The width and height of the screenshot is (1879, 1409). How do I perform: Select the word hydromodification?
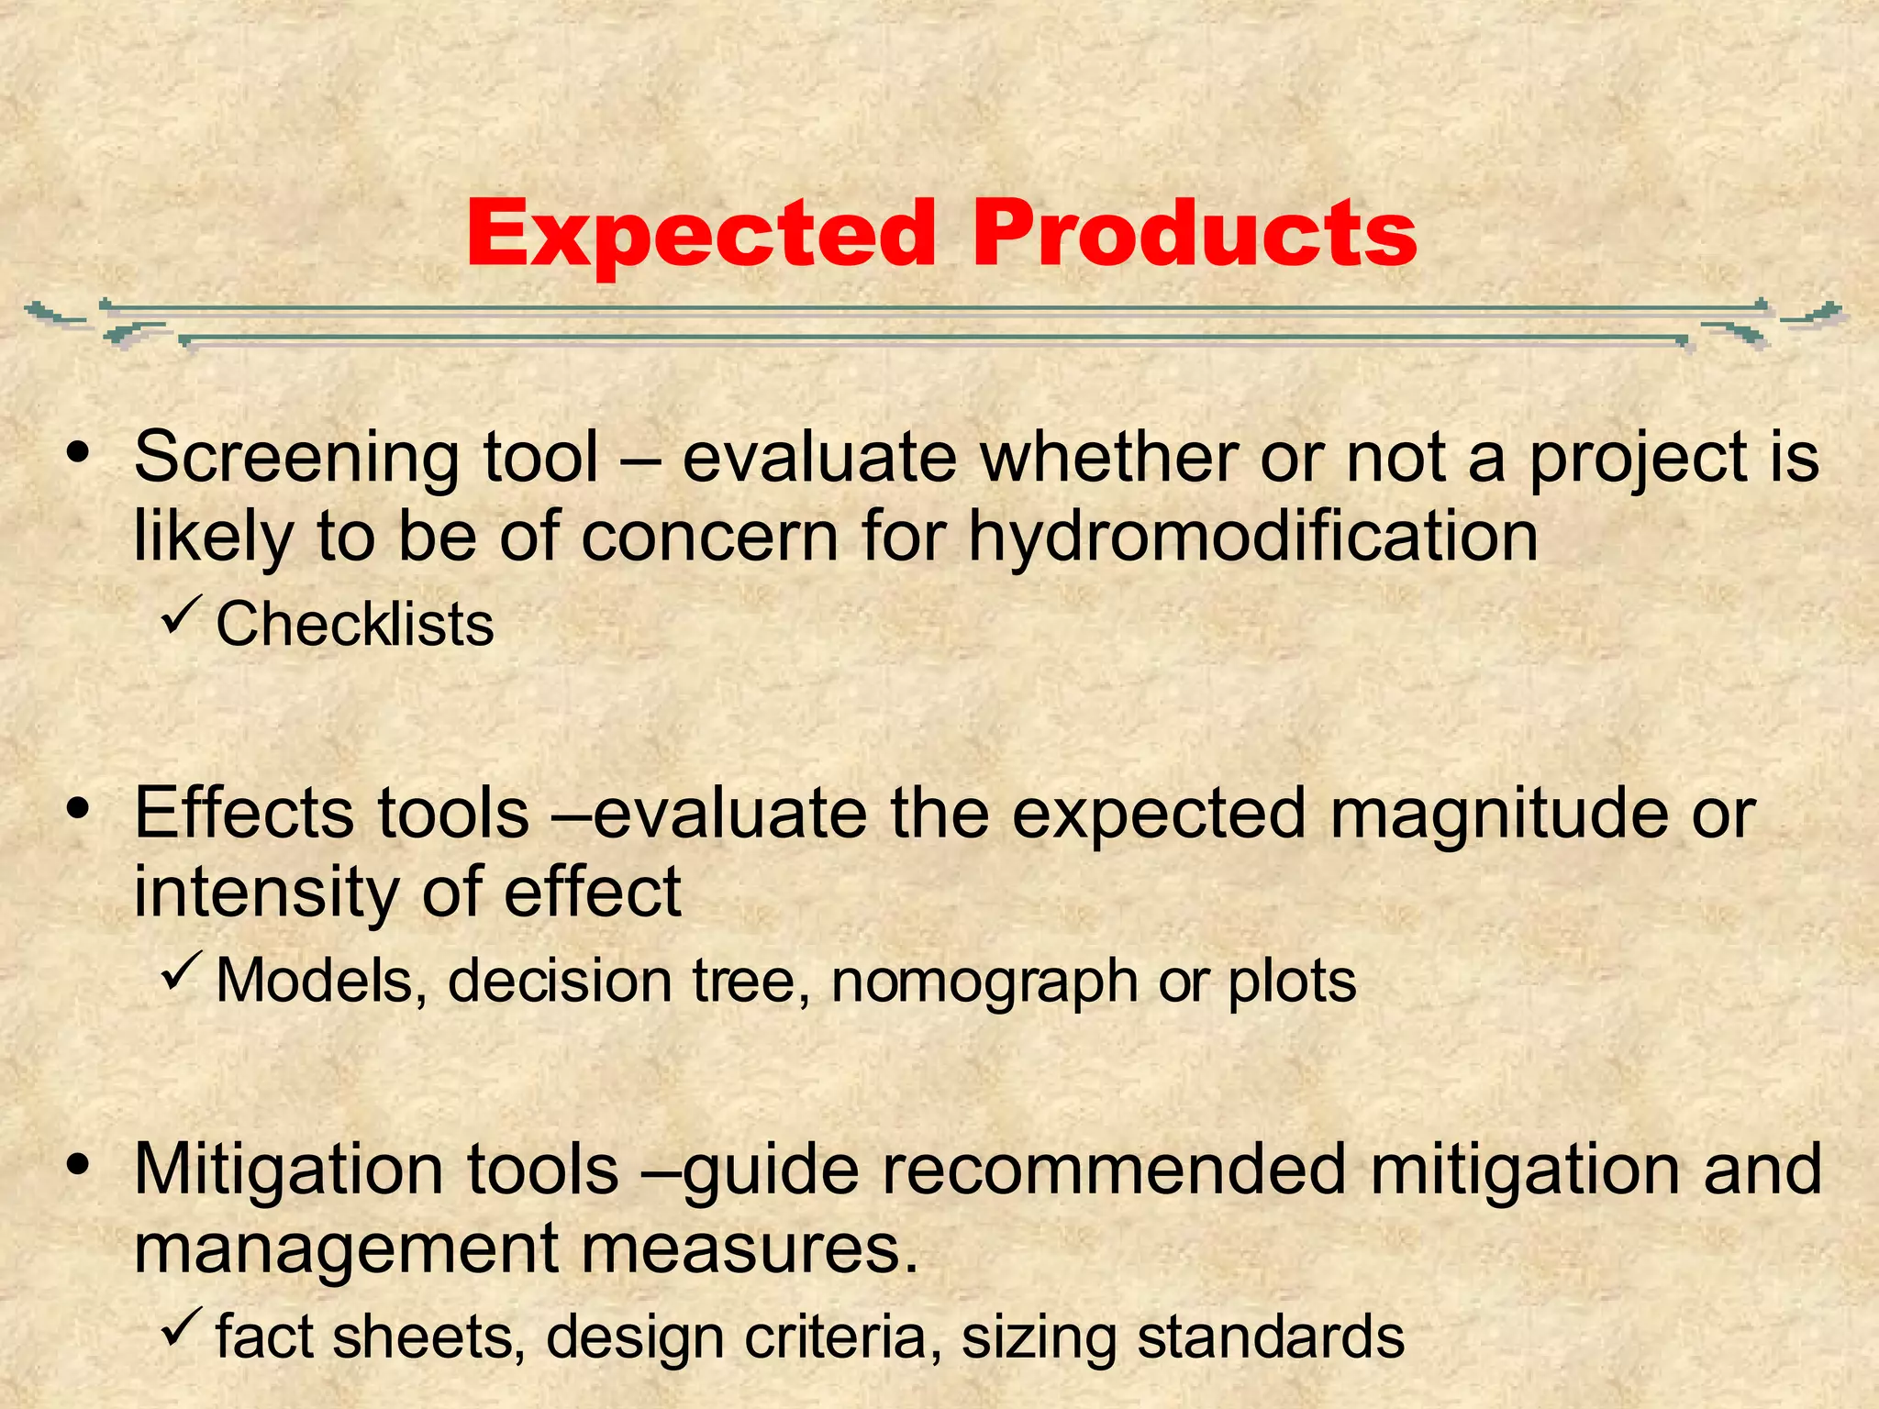pos(1253,537)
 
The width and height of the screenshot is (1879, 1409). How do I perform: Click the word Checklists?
pos(354,625)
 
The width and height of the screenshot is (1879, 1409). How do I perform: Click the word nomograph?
pos(983,982)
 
